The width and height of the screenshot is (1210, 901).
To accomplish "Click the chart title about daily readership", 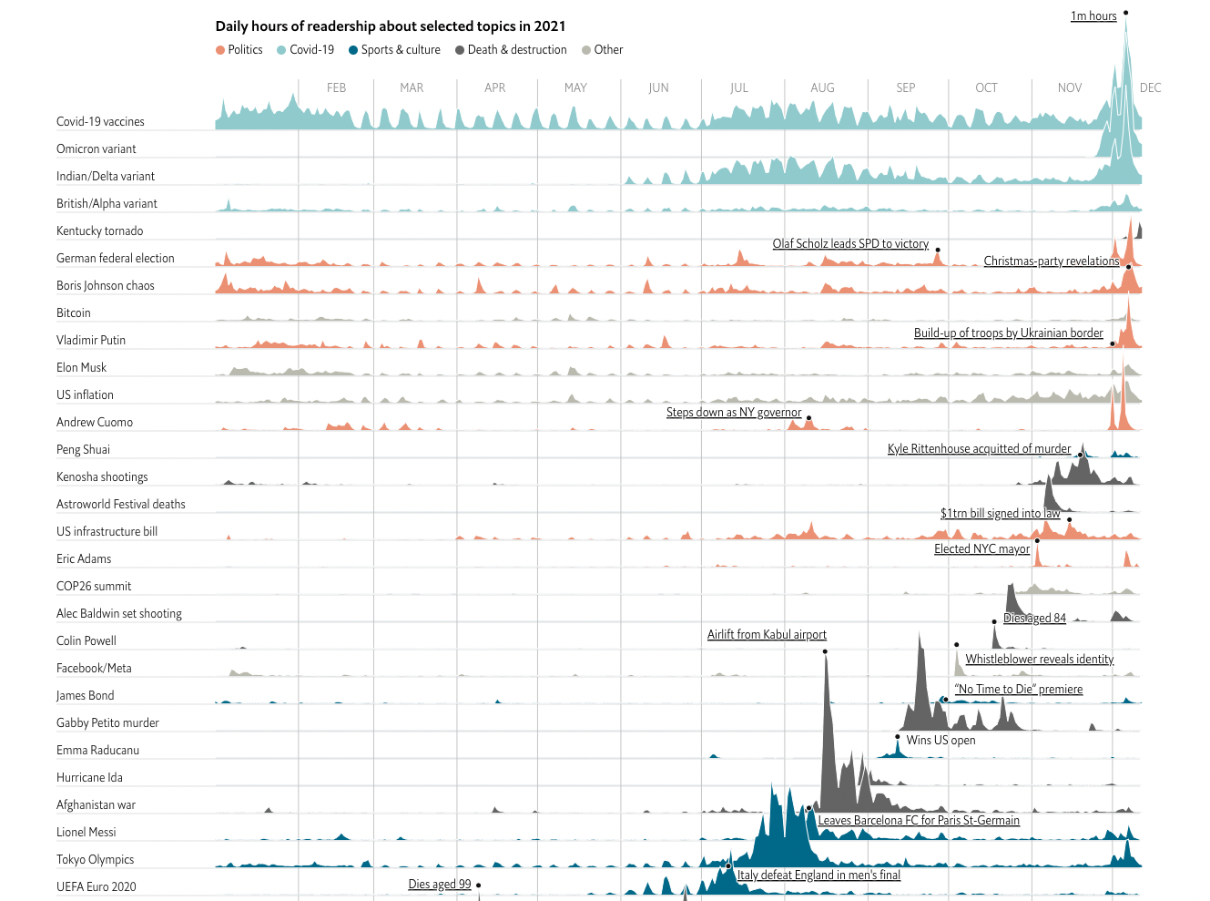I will (391, 26).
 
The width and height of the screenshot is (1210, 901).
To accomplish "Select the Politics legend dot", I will (220, 50).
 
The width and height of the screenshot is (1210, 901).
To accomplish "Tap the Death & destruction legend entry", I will (511, 50).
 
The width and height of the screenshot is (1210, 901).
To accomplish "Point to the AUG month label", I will (822, 88).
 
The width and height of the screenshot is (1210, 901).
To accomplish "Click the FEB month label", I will (336, 88).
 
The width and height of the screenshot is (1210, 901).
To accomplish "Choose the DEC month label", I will (1150, 88).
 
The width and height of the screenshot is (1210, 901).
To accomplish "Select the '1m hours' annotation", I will (1093, 16).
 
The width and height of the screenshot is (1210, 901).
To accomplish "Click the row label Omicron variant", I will (97, 149).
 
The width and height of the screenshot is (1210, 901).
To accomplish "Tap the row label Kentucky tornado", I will (100, 231).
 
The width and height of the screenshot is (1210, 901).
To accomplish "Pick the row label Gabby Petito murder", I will (107, 723).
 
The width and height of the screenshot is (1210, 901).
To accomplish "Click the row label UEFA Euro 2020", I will (97, 887).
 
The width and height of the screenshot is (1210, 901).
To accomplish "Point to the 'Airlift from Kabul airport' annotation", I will (767, 635).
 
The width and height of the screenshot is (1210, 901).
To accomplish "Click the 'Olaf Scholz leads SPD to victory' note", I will (850, 244).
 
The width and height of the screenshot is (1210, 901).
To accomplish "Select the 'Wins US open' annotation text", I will (941, 741).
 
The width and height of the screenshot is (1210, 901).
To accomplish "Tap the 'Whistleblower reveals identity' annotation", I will (1039, 660).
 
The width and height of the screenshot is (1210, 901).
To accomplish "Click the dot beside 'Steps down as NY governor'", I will (808, 418).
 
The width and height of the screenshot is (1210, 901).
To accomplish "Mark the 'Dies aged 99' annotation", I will (440, 885).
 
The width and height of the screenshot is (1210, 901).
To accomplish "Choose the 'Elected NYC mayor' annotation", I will (981, 549).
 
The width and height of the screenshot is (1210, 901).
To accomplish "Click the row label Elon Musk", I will (82, 368).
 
